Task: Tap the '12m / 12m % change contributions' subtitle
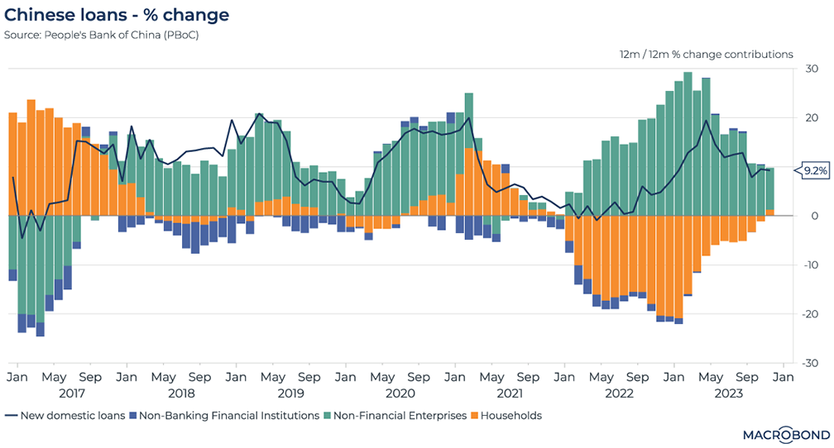(706, 55)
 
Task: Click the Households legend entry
(512, 416)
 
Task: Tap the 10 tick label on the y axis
(812, 167)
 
